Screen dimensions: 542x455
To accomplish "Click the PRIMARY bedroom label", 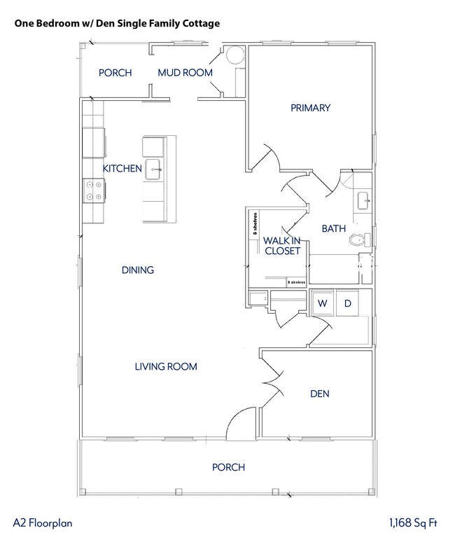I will [x=310, y=108].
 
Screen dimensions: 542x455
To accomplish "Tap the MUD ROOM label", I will [x=185, y=73].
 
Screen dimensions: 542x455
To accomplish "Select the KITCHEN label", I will [x=122, y=169].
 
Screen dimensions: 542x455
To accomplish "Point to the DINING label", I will [x=137, y=270].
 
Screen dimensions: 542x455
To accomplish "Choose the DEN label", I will [x=319, y=394].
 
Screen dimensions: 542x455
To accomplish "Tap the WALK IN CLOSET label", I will [x=281, y=246].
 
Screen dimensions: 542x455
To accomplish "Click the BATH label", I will [x=333, y=229].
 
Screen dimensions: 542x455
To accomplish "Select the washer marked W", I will [x=322, y=303].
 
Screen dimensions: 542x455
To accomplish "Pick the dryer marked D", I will [x=347, y=303].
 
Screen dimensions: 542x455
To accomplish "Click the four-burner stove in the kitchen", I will [x=94, y=190].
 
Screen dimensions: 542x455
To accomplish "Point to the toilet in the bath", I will [x=358, y=240].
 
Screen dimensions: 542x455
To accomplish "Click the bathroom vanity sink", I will [x=364, y=201].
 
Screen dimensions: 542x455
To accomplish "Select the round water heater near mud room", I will [x=233, y=56].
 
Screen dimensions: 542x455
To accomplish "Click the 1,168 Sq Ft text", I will [x=413, y=522].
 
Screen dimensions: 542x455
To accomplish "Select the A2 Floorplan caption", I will [x=43, y=522].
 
